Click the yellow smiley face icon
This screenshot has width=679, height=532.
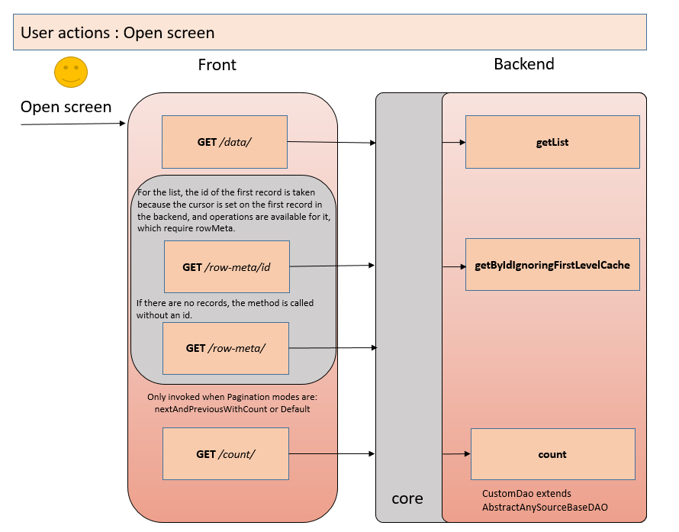point(71,72)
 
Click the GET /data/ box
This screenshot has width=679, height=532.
point(224,142)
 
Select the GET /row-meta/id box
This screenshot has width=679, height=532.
point(227,267)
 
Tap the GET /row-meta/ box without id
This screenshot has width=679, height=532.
point(226,348)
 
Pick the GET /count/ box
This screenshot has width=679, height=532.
point(226,454)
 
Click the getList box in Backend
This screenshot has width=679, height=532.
point(552,142)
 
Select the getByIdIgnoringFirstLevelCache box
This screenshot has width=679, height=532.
point(552,265)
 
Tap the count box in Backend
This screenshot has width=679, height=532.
point(552,454)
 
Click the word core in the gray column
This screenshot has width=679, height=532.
point(407,498)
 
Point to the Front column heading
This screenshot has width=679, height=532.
point(217,65)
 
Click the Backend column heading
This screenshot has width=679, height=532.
point(524,64)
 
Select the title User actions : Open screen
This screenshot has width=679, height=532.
point(117,33)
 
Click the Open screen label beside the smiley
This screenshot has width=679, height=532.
point(66,107)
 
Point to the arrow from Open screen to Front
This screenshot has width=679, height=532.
point(72,123)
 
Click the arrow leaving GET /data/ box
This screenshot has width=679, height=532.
point(332,142)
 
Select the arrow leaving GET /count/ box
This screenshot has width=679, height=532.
point(332,455)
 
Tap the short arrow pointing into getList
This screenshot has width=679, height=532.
point(454,143)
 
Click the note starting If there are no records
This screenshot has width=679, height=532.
point(224,308)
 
